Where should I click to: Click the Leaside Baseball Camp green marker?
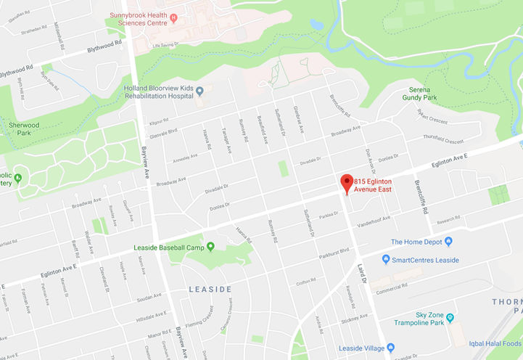[210, 247]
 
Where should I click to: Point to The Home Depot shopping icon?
[448, 242]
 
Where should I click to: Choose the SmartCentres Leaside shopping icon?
[386, 259]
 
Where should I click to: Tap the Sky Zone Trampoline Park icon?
[450, 317]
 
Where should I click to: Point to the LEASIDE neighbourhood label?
[210, 289]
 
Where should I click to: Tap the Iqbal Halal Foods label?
[495, 343]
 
